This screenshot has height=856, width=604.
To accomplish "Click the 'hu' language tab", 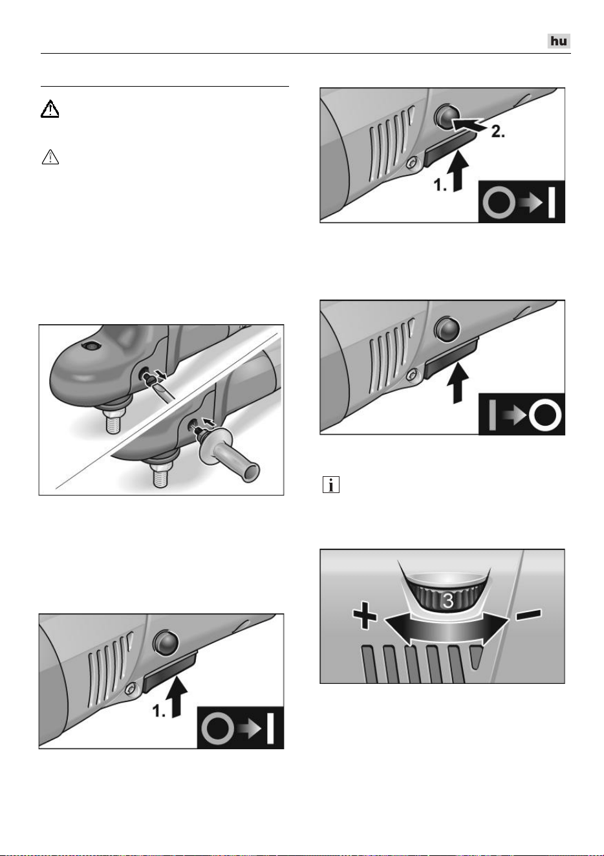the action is [559, 41].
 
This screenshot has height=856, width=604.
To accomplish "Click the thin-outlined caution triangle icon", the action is [50, 157].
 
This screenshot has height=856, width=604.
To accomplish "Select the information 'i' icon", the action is [331, 485].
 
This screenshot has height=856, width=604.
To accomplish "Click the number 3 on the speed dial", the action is [448, 601].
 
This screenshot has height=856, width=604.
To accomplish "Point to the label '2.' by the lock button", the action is [498, 131].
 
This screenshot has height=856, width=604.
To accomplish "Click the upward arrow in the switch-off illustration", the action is [458, 383].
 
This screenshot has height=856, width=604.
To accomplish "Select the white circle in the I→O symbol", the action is [545, 415].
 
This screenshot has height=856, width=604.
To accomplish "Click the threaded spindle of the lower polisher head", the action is [161, 474].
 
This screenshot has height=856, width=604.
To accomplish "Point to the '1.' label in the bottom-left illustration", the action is [159, 712].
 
